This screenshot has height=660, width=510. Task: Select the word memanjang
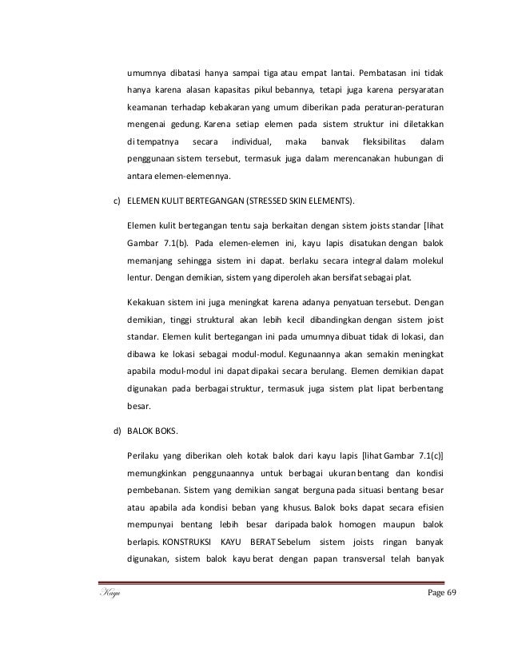(x=153, y=261)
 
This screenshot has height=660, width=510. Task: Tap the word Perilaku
(x=146, y=455)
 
